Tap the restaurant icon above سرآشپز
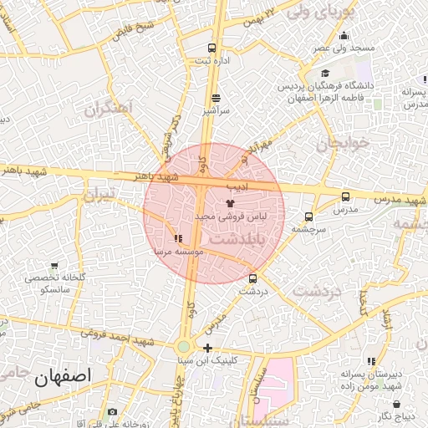[x=217, y=97]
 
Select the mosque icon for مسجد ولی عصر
[x=344, y=35]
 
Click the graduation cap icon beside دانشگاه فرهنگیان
[x=325, y=74]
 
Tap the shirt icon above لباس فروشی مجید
[x=230, y=203]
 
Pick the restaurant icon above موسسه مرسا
[x=177, y=238]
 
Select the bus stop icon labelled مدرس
[x=345, y=196]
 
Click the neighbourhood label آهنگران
[x=110, y=108]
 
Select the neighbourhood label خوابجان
[x=341, y=144]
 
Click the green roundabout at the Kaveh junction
[x=183, y=346]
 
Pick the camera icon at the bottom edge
[x=112, y=412]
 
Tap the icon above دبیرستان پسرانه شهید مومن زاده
[x=347, y=361]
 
